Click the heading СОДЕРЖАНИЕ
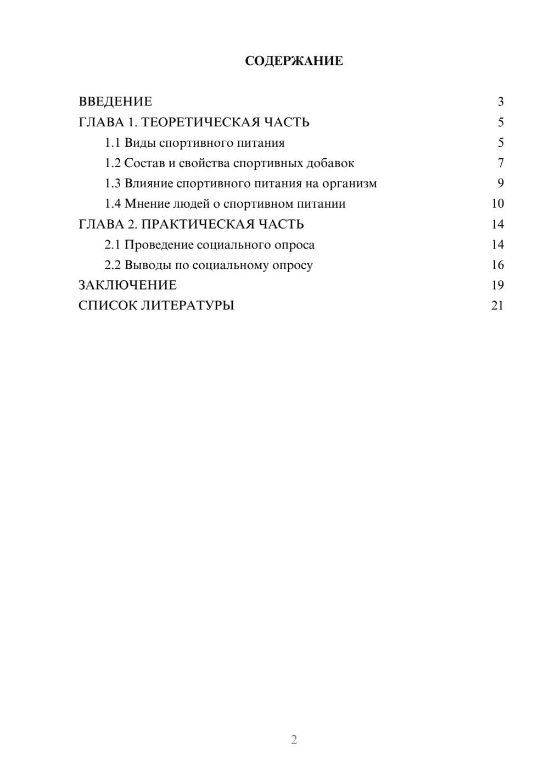(294, 61)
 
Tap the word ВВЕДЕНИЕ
(115, 102)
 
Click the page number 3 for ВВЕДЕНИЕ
(500, 102)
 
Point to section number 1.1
(113, 143)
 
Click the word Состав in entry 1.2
(144, 163)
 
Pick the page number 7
(500, 163)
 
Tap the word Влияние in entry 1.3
(149, 184)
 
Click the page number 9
(500, 184)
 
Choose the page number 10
(497, 204)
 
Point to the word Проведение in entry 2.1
(158, 245)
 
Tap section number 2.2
(113, 265)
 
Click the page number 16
(497, 265)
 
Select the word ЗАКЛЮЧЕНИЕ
(127, 285)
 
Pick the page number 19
(497, 285)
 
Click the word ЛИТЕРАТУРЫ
(188, 306)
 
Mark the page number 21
(497, 306)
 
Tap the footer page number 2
(294, 740)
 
